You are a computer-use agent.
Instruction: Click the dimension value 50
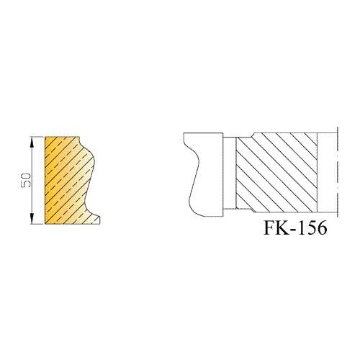pyautogui.click(x=26, y=181)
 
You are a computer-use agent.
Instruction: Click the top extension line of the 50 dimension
pyautogui.click(x=37, y=137)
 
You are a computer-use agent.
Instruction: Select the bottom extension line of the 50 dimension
pyautogui.click(x=37, y=224)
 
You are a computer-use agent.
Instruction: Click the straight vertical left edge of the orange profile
pyautogui.click(x=45, y=181)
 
